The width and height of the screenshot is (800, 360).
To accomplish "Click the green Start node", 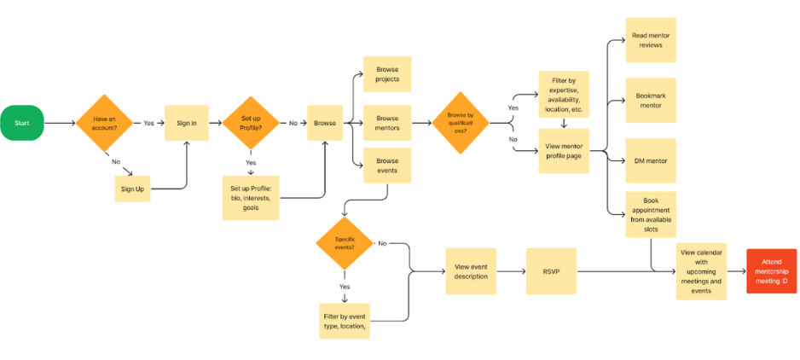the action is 22,123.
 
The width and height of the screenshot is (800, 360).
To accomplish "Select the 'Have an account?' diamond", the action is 105,123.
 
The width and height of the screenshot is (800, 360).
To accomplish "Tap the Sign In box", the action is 187,123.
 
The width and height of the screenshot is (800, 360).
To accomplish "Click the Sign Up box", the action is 133,189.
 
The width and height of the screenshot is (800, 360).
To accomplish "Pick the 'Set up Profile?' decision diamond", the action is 251,123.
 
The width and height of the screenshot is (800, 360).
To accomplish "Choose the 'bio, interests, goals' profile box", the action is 251,198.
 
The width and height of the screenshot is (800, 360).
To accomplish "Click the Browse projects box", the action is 387,74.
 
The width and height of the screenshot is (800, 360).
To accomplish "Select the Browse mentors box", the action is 387,123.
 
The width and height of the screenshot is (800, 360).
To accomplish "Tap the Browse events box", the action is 387,165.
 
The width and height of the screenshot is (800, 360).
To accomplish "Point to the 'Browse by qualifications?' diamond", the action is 461,123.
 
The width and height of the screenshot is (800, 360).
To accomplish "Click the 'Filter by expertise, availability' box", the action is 564,95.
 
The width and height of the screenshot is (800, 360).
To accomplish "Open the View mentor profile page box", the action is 564,151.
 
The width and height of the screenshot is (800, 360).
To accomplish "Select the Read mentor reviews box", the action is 651,40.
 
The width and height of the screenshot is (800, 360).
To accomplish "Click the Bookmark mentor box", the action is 651,100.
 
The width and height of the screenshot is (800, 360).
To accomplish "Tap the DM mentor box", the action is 651,160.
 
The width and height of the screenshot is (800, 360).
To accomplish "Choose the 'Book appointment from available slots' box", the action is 651,214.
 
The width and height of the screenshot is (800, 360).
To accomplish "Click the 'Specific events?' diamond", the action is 345,242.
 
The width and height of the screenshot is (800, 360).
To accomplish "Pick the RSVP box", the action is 552,271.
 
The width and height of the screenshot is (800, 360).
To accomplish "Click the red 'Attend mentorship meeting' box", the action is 771,271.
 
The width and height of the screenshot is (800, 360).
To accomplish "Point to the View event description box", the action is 471,271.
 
